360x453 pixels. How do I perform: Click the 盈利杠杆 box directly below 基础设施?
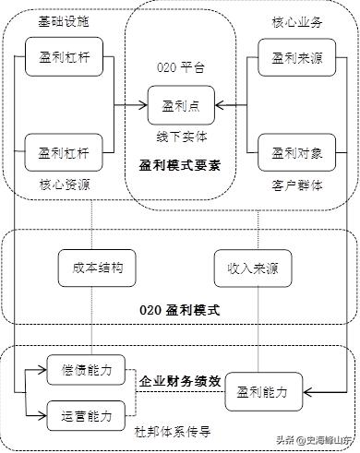click(x=62, y=58)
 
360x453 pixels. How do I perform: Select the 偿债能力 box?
click(x=92, y=370)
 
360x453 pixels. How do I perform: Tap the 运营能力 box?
click(x=92, y=415)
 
